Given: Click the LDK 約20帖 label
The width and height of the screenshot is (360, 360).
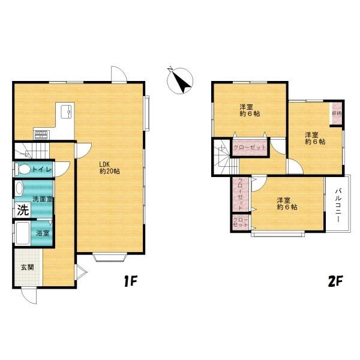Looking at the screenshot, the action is [x=110, y=168].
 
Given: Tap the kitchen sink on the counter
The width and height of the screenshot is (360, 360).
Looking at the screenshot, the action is [x=67, y=112].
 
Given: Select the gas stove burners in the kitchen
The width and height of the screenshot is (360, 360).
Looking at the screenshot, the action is [x=41, y=134].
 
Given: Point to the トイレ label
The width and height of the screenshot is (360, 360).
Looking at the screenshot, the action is [x=42, y=170].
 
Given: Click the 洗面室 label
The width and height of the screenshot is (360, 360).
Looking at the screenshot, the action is [x=43, y=199].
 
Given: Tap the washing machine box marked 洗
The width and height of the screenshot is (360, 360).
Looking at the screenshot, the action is [x=23, y=210].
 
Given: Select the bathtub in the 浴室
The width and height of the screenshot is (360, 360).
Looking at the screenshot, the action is [x=23, y=233].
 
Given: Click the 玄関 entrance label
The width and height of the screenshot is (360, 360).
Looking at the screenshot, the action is [x=28, y=267].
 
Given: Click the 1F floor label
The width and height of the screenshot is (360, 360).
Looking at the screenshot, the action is [x=130, y=281].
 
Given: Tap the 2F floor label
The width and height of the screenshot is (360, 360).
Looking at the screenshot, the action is [x=335, y=281].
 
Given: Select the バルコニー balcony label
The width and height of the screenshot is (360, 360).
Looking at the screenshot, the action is [x=338, y=205].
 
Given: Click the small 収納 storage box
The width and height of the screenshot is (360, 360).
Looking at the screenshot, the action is [x=337, y=113].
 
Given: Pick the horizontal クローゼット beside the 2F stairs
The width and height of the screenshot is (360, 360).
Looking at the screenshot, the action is [x=250, y=147].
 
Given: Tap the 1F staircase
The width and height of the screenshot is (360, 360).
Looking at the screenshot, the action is [x=32, y=151].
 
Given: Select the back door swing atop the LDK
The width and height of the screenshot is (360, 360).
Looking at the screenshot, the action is [x=119, y=74].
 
